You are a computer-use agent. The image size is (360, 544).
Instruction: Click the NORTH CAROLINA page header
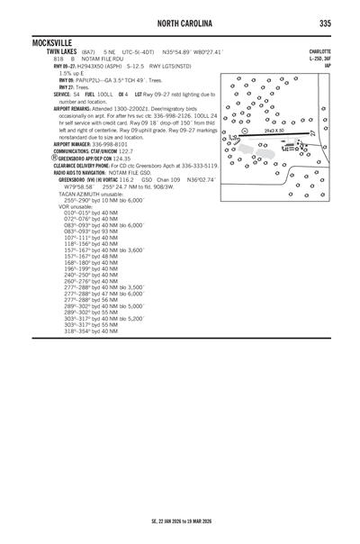pos(180,23)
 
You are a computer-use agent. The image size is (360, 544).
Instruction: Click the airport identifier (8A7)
pos(90,52)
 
